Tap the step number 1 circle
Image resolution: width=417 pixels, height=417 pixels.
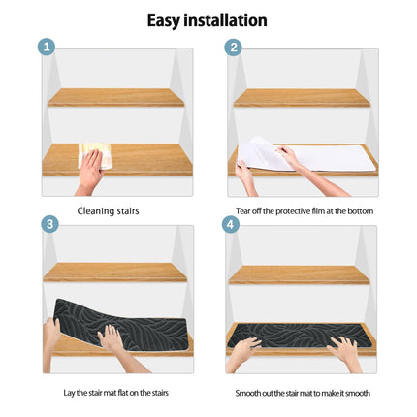(x=47, y=47)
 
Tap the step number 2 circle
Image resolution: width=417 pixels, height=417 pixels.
(x=233, y=47)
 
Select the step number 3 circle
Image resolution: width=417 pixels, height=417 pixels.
(x=49, y=224)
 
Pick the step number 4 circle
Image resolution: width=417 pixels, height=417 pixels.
(x=230, y=224)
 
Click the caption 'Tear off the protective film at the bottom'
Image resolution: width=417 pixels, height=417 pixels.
(x=304, y=210)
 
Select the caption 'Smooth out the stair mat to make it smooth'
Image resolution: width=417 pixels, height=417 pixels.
(x=302, y=393)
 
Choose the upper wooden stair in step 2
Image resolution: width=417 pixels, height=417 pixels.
(x=302, y=98)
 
